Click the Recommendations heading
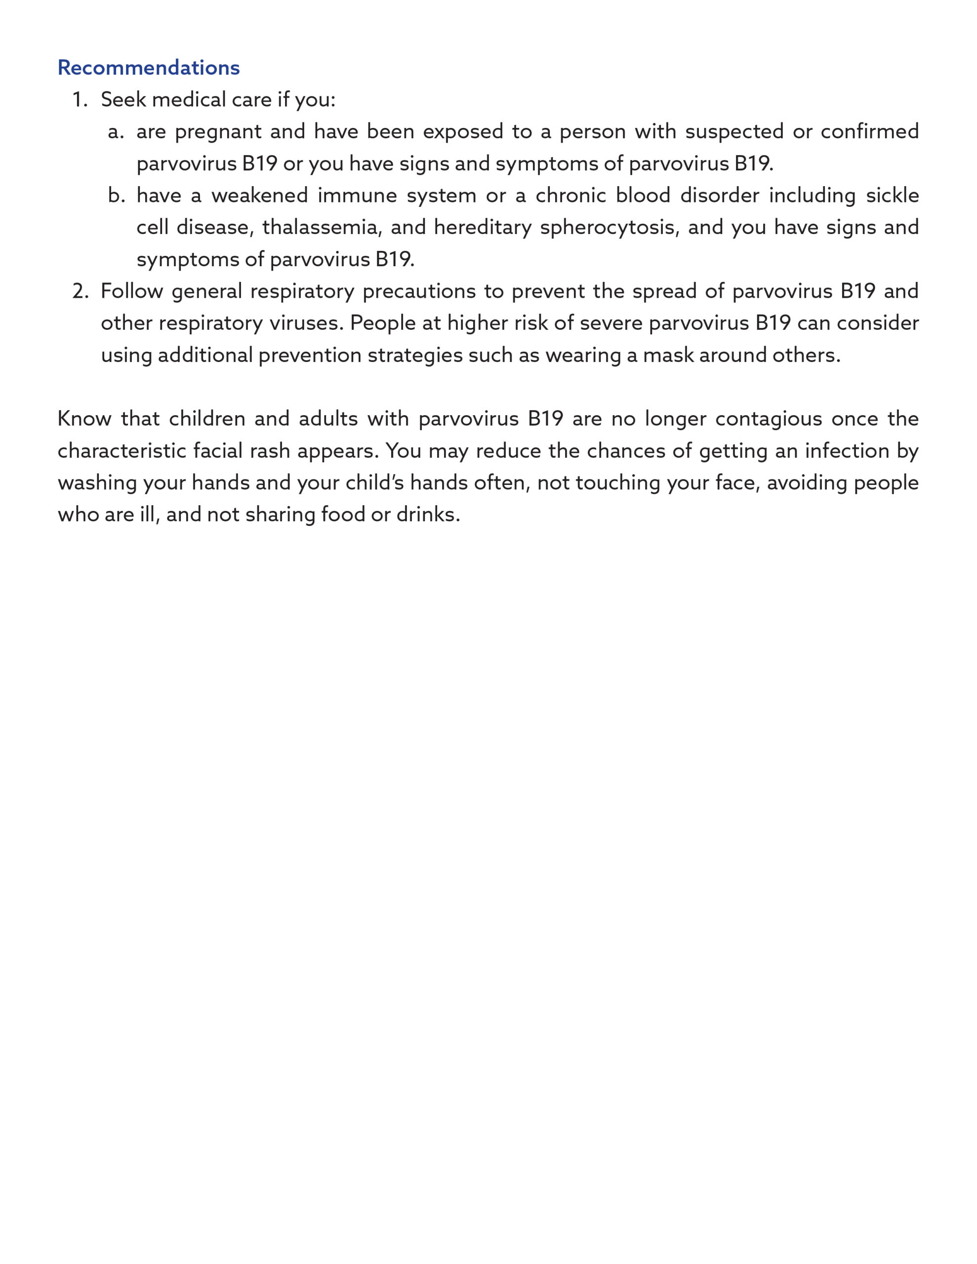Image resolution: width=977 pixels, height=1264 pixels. point(148,68)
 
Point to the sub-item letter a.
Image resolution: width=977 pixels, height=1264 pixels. point(115,132)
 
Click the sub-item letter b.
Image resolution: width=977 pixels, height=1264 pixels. point(116,196)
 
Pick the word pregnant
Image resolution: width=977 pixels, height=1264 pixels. point(218,132)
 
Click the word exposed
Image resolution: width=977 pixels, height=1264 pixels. point(463,132)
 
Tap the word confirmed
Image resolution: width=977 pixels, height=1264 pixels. point(869,131)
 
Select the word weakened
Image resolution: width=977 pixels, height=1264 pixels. point(259,196)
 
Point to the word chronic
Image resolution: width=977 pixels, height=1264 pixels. point(570,196)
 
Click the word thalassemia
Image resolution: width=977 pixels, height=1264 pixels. point(322,228)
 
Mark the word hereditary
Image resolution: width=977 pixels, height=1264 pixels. point(483,228)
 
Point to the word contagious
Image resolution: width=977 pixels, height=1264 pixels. point(769,420)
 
